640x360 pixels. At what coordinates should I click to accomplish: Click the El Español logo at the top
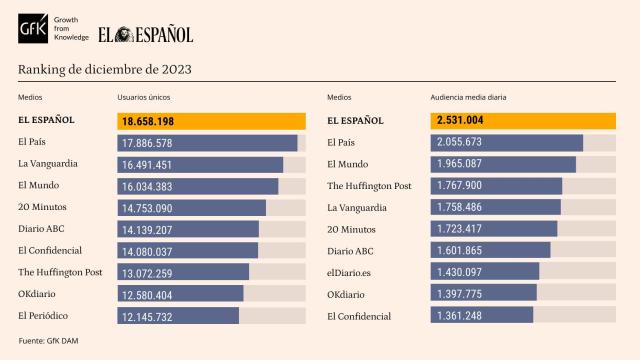tap(145, 34)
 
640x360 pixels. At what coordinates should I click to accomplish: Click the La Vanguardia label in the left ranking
tap(48, 163)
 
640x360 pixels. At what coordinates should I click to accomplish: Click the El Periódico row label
tap(45, 316)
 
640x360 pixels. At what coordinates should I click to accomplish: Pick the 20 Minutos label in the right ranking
tap(353, 229)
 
